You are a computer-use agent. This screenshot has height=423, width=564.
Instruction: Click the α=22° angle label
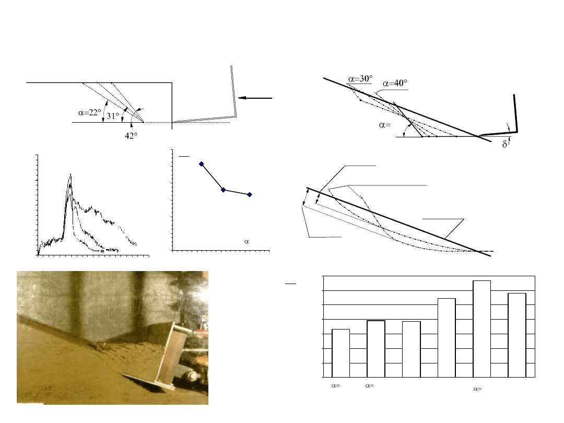(90, 113)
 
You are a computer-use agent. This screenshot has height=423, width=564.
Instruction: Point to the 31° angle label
(113, 116)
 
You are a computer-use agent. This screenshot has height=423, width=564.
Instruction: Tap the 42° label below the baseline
(131, 136)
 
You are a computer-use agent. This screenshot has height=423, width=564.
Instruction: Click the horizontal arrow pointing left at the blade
(255, 98)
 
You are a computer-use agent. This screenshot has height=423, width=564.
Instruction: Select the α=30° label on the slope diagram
(360, 79)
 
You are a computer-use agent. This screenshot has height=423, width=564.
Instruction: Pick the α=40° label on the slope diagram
(395, 83)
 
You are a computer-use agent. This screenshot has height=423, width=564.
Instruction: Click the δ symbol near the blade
(504, 144)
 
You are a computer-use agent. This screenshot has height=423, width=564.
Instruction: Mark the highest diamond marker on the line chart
(202, 164)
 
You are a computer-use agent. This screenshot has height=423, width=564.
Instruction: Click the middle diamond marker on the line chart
(224, 190)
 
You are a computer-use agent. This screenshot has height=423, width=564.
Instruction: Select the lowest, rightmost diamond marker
(250, 195)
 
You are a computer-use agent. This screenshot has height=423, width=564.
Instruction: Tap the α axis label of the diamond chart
(246, 242)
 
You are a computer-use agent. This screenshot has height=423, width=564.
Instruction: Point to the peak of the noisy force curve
(70, 174)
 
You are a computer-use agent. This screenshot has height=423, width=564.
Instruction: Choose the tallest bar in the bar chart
(481, 329)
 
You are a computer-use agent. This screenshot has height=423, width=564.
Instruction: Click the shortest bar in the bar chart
(340, 353)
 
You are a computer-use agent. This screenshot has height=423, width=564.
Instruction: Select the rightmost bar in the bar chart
(517, 335)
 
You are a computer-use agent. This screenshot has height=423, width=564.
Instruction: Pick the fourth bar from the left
(446, 338)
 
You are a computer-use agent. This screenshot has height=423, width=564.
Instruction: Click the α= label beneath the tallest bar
(478, 389)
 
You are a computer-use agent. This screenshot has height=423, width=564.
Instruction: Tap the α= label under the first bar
(336, 385)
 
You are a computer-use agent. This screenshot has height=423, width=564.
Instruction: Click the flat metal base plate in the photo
(147, 382)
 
